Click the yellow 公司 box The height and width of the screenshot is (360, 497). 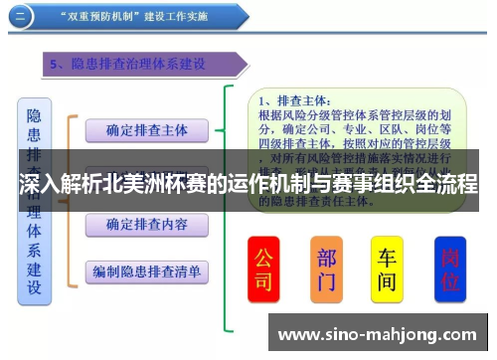pyautogui.click(x=263, y=269)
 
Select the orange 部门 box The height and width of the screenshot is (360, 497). pyautogui.click(x=326, y=269)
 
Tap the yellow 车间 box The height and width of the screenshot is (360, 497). pyautogui.click(x=387, y=269)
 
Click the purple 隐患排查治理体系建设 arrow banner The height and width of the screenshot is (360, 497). pyautogui.click(x=145, y=65)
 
